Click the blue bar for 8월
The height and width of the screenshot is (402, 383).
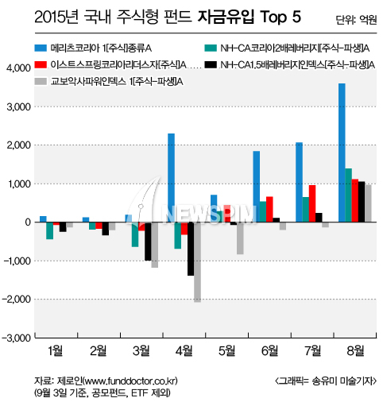click(x=342, y=153)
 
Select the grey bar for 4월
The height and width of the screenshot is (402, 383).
click(x=197, y=262)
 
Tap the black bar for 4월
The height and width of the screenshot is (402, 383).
click(x=191, y=249)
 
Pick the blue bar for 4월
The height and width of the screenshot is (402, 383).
click(x=171, y=178)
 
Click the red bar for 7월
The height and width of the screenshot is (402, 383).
click(x=312, y=203)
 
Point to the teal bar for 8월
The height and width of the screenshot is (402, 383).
click(x=349, y=195)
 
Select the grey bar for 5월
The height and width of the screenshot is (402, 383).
click(x=240, y=238)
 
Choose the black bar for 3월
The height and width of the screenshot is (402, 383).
click(x=148, y=242)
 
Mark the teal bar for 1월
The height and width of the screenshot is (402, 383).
click(x=50, y=231)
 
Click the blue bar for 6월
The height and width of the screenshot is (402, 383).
click(x=257, y=187)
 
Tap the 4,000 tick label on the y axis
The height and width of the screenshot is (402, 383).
click(x=18, y=68)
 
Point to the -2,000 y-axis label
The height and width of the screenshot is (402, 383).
click(x=17, y=300)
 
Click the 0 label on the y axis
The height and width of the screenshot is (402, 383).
click(x=28, y=222)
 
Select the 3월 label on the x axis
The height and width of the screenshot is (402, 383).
click(x=141, y=351)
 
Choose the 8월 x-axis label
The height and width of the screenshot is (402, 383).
click(x=355, y=351)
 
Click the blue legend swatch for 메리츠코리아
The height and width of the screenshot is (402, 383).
click(x=41, y=48)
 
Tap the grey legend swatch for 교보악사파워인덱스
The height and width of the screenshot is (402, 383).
click(x=41, y=81)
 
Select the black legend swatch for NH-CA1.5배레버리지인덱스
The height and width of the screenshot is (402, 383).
click(x=211, y=64)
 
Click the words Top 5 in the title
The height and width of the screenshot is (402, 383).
click(x=280, y=17)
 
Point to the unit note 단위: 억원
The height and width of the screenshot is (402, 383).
click(x=356, y=19)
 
